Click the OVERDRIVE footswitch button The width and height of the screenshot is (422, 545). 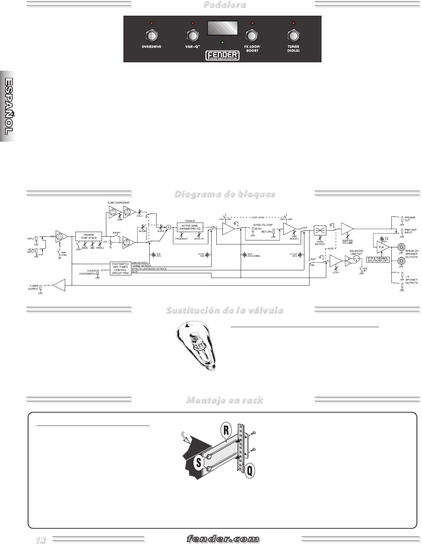pos(151,36)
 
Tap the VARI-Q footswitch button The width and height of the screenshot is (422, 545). pos(192,36)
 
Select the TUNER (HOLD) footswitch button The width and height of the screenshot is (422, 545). pos(293,36)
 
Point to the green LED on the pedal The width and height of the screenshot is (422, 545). pos(222,42)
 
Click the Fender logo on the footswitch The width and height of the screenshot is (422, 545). pos(223,55)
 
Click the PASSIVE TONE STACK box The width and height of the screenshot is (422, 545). pos(88,236)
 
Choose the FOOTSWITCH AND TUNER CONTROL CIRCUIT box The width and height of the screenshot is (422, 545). pos(121,268)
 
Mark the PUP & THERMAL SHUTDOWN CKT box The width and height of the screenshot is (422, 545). pos(378,260)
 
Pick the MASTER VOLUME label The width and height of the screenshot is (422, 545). pos(347,242)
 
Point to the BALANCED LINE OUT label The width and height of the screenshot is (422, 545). pos(356,252)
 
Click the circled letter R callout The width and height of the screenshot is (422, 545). pos(226,431)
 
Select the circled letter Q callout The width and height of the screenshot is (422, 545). pos(249,471)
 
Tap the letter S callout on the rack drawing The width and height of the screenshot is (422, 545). pos(199,463)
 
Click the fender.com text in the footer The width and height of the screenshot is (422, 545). pos(223,539)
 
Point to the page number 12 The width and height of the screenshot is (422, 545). pos(40,540)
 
